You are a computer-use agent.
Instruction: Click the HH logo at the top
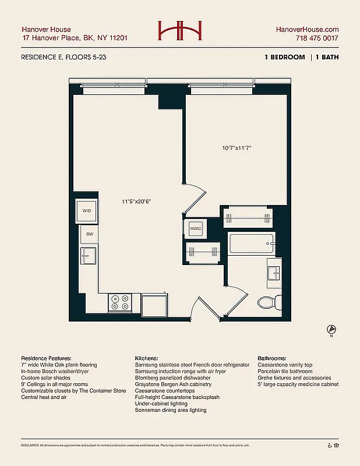point(179,32)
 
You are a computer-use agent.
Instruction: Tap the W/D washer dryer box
point(87,211)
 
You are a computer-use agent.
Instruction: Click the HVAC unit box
point(195,229)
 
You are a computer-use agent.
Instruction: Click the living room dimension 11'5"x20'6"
point(137,202)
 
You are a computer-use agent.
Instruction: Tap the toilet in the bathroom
point(269,302)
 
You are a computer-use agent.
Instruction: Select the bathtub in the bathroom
point(250,243)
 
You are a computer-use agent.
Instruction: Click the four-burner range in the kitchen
point(120,302)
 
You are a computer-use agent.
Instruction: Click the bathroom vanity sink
point(274,273)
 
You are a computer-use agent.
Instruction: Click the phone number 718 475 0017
point(317,38)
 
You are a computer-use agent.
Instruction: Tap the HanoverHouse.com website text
point(307,29)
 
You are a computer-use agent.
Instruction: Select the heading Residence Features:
point(46,358)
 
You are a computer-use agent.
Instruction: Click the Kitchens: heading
point(148,358)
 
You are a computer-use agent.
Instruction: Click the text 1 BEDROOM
point(284,57)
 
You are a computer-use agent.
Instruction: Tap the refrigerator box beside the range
point(154,304)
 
